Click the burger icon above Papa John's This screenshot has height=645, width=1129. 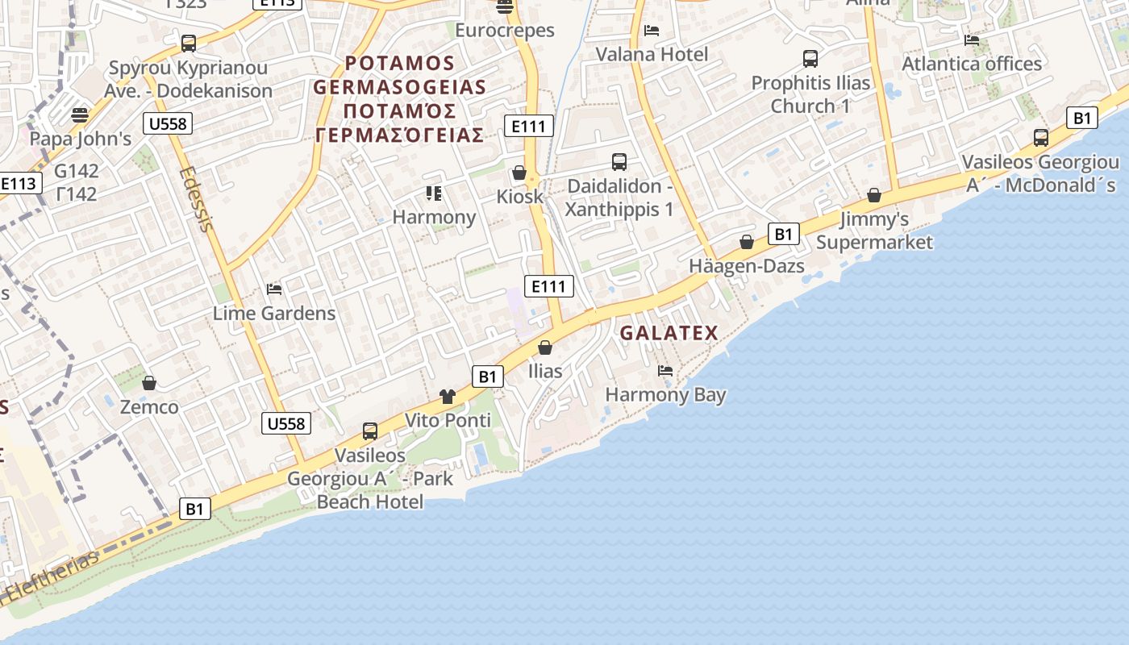coord(79,114)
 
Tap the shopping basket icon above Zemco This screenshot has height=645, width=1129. coord(148,382)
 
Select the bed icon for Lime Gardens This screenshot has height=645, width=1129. coord(274,289)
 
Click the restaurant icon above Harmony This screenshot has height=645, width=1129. coord(434,193)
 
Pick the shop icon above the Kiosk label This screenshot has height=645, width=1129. coord(519,173)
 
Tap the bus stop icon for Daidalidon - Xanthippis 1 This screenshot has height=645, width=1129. coord(619,162)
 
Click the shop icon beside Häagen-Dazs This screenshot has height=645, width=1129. coord(747,242)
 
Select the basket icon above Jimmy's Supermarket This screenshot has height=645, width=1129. coord(874,195)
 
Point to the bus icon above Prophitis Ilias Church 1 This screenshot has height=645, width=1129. coord(810,59)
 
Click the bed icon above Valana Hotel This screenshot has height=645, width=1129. coord(652,31)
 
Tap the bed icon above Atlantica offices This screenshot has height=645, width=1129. coord(972,40)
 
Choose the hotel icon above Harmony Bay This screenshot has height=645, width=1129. coord(665,371)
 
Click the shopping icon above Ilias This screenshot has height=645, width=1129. coord(545,347)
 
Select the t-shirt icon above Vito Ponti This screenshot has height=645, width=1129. coord(448,396)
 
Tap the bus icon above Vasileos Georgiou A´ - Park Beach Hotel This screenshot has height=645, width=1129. coord(370,431)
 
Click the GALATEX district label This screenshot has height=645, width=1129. coord(669,333)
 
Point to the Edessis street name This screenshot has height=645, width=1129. coord(197,198)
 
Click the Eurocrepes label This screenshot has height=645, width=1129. coord(505,31)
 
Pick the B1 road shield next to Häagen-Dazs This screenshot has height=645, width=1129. coord(782,235)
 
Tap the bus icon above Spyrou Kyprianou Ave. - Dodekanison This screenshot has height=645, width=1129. coord(189,44)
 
